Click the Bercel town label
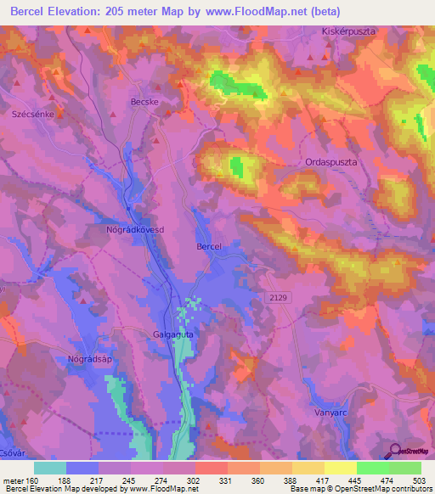tap(208, 246)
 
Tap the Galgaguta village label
tap(177, 334)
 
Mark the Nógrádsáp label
tap(90, 359)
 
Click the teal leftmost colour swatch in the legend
tap(50, 468)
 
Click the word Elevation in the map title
tap(86, 12)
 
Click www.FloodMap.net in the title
tap(286, 12)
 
